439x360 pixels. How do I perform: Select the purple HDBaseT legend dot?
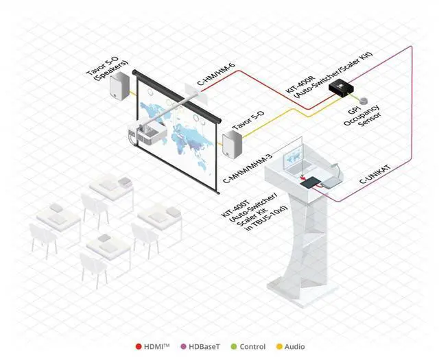183,347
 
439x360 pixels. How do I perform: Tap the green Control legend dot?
234,347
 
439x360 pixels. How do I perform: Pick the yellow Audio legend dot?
279,347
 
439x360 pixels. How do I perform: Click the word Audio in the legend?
296,347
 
